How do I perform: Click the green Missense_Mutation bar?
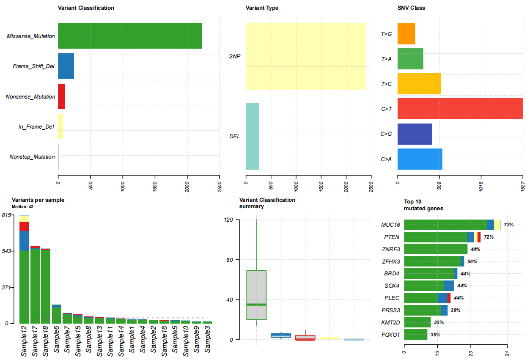point(129,36)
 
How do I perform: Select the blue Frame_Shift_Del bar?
point(66,66)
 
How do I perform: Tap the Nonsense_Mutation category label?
point(30,96)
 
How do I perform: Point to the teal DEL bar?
point(252,136)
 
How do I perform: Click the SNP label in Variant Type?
point(235,56)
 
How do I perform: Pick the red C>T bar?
point(460,109)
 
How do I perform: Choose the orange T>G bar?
point(406,34)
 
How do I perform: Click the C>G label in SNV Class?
point(386,134)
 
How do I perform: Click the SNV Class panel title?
point(411,8)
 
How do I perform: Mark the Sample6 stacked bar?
point(57,313)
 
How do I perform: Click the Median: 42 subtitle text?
point(23,207)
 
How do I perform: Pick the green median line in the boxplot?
point(256,305)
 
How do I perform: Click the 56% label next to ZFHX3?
point(472,261)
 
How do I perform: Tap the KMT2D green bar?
point(417,322)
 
